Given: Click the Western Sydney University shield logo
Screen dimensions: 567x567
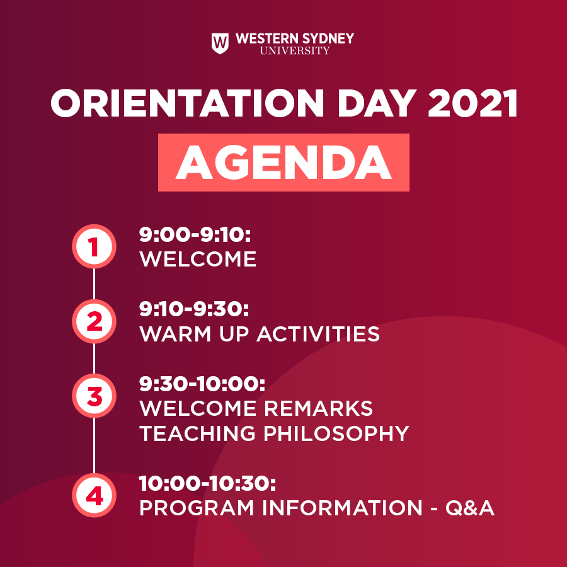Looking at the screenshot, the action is point(220,43).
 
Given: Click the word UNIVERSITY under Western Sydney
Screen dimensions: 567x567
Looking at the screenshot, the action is point(295,50).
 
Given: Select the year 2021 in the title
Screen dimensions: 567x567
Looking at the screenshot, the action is point(472,103).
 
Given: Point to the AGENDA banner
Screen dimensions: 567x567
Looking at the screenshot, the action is point(283,163).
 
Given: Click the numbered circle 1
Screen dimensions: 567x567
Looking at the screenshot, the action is point(94,246).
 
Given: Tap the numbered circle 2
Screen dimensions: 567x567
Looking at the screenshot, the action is point(94,321).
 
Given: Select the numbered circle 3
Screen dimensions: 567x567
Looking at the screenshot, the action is point(94,396).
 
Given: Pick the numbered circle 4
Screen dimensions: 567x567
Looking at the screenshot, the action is point(94,495).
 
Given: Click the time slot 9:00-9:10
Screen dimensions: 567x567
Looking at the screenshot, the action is point(195,235).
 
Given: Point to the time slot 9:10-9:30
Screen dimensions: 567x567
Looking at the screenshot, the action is point(194,309).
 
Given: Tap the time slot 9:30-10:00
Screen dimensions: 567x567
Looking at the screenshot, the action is point(202,384).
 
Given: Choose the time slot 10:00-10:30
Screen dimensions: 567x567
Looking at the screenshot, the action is point(207,483).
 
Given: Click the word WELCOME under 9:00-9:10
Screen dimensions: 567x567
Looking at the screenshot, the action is point(198,260).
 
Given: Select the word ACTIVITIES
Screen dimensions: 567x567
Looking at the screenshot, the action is point(318,334).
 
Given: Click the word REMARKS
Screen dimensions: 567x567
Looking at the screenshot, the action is point(318,409).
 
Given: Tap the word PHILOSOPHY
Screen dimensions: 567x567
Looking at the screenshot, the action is point(336,433).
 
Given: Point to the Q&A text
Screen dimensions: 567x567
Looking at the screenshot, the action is point(470,508).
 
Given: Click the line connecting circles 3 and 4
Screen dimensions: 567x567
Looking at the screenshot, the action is point(94,445).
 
